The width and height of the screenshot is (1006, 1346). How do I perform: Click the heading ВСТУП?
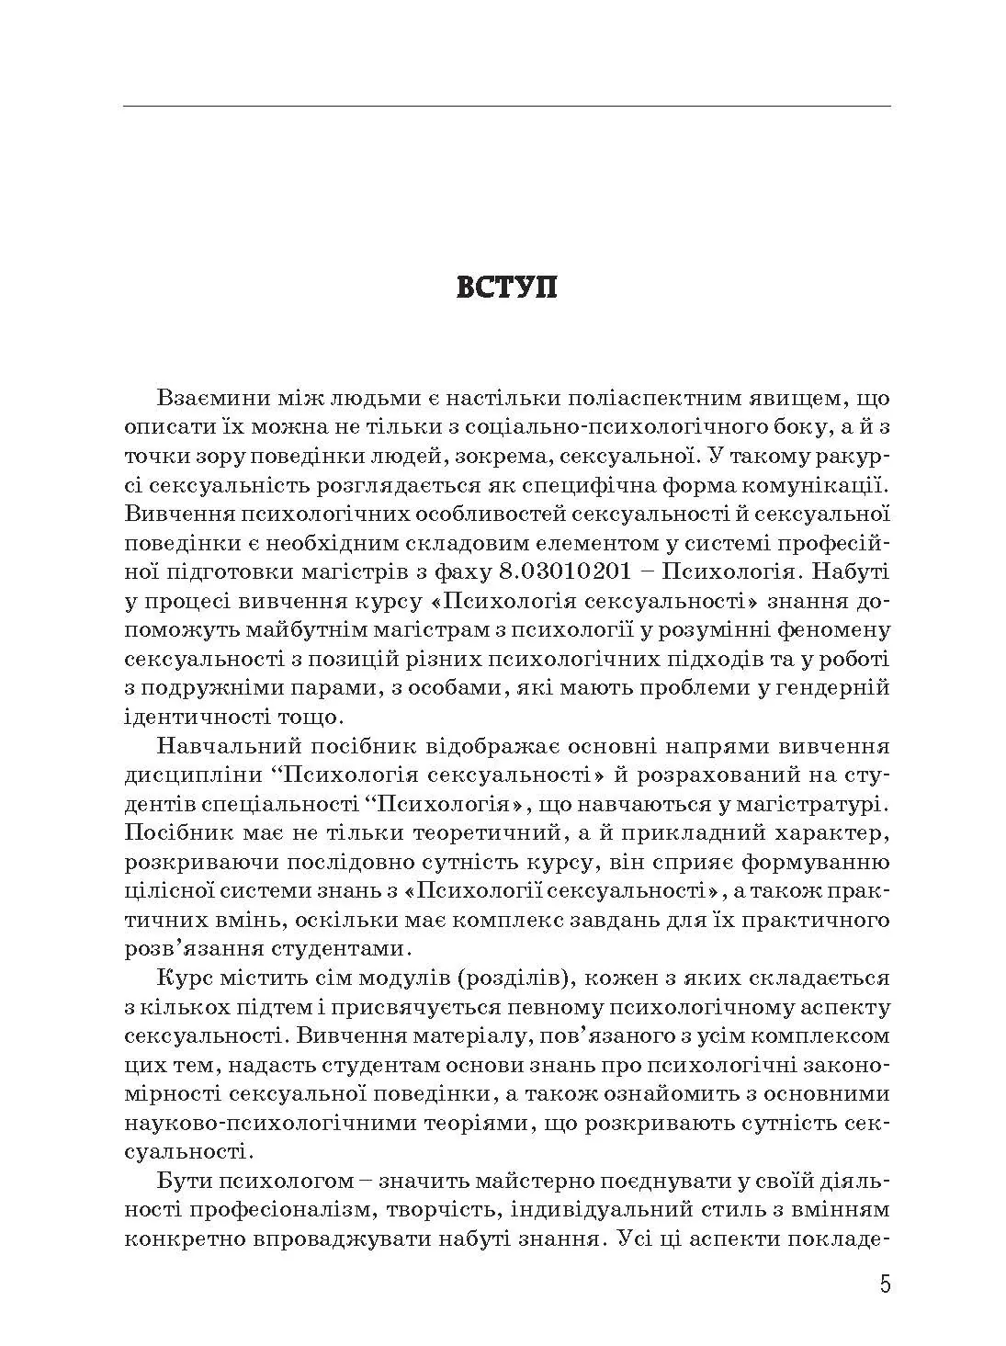pos(506,287)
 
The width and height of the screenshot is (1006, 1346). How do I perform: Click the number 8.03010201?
pos(566,571)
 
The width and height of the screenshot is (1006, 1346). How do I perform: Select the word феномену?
pos(833,629)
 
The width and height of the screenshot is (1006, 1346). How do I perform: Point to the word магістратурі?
pos(805,804)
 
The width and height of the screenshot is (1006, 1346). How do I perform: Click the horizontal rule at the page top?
pos(506,107)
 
